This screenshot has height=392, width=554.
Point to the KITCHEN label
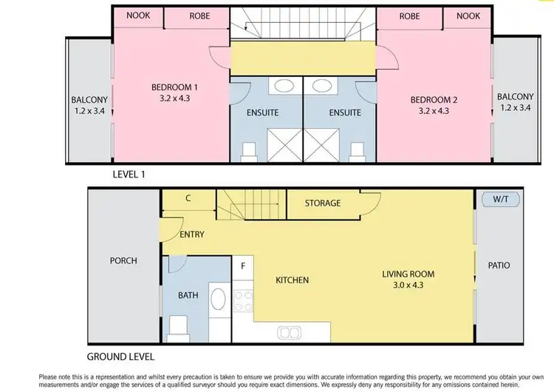pos(292,280)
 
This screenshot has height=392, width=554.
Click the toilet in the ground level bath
pos(178,326)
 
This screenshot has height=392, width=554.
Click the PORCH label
pos(123,261)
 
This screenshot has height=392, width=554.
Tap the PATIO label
pos(499,266)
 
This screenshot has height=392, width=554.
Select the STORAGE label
pos(323,203)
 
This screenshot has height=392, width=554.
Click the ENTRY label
pos(192,234)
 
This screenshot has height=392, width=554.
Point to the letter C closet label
pos(188,198)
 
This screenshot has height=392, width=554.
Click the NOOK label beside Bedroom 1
pos(138,16)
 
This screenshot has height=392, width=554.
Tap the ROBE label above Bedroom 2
pos(409,16)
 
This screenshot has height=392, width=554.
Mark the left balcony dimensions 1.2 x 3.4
pos(89,111)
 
